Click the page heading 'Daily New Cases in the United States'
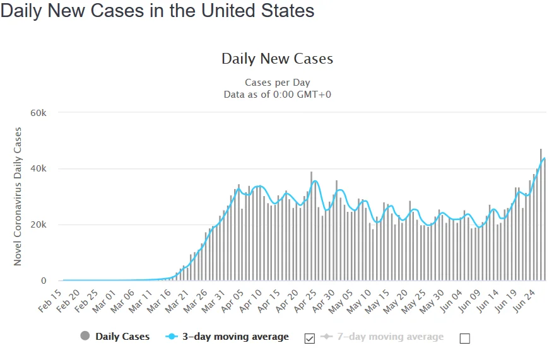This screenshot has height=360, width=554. pos(157,12)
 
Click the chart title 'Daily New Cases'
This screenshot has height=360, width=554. pos(277,59)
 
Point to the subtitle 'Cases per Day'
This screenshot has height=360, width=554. pos(277,83)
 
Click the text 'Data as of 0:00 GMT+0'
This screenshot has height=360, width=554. pos(277,94)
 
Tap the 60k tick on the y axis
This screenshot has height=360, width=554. pos(38,113)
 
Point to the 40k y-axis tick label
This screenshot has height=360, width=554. pos(38,169)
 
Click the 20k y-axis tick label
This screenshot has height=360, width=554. pos(38,225)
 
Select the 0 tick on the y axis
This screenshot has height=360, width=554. pos(44,281)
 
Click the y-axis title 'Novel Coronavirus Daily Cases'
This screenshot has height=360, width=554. pos(18,196)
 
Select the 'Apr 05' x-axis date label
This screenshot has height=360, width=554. pos(233,299)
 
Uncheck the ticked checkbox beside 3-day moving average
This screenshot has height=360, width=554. pos(309,338)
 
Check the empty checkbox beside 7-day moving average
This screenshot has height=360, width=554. pos(465,338)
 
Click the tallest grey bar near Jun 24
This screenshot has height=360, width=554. pos(541,215)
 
